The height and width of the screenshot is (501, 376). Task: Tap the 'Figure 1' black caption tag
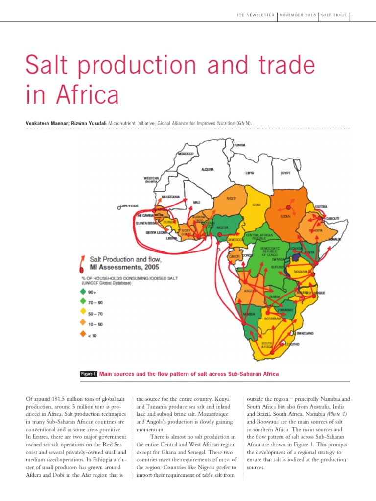coord(88,374)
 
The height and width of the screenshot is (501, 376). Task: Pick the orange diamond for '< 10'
coord(84,336)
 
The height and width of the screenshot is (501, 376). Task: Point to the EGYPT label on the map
coord(286,173)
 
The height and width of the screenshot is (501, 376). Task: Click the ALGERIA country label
coord(208,169)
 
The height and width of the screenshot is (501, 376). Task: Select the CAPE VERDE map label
coord(130,206)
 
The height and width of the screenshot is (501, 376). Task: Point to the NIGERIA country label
coord(223,227)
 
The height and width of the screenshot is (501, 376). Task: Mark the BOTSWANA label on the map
coord(272,319)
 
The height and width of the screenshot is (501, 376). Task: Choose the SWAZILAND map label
coord(305,334)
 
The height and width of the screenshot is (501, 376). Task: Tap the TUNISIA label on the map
coord(239,145)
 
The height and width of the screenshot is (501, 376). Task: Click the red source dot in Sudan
coord(288,208)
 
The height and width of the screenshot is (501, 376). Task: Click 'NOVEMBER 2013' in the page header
coord(297,15)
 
